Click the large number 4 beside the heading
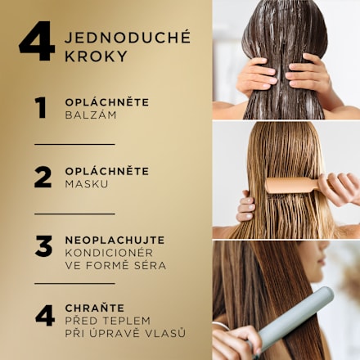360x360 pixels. click(37, 43)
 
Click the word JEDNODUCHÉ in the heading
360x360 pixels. click(127, 38)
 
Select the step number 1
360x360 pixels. click(40, 108)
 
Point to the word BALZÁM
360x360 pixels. click(91, 115)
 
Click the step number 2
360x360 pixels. click(42, 177)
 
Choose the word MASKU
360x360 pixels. click(88, 184)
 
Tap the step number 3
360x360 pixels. click(43, 245)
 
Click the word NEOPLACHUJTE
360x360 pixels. click(115, 240)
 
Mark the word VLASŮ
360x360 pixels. click(167, 334)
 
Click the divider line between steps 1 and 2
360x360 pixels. click(74, 144)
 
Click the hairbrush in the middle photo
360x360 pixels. click(290, 184)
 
